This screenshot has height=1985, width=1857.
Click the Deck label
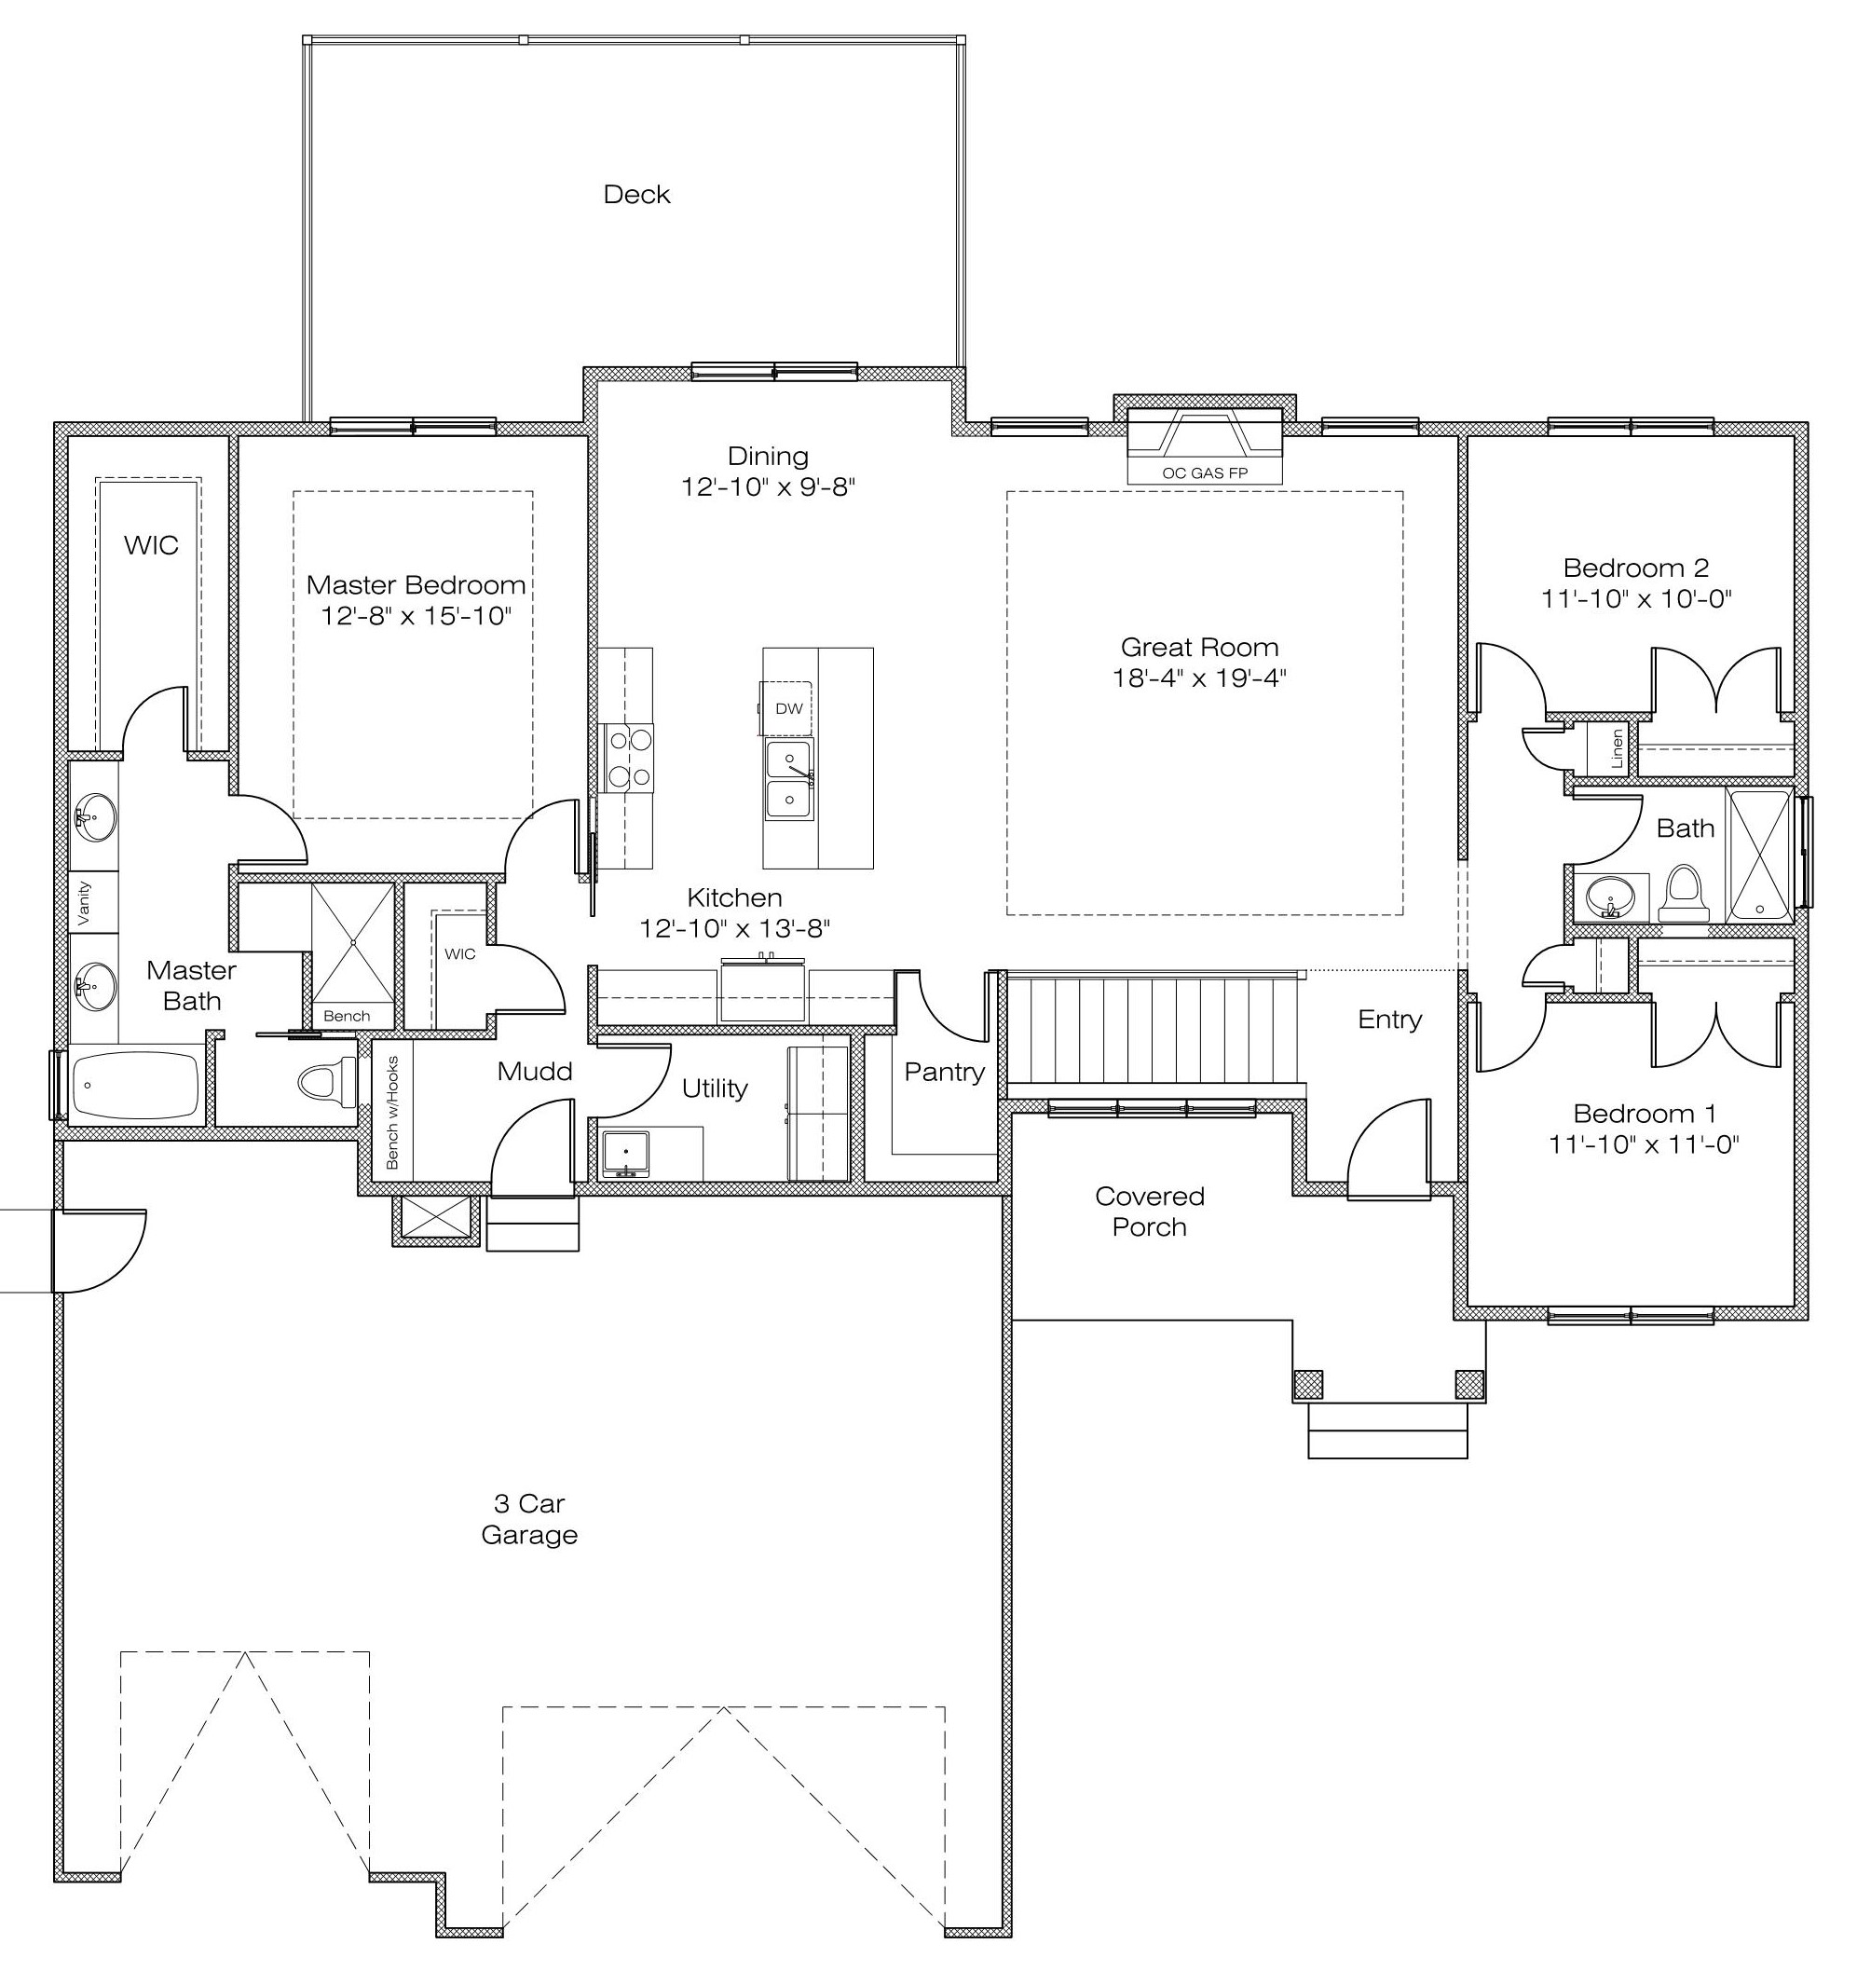click(x=636, y=194)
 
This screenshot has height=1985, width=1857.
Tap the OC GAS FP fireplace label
click(x=1204, y=473)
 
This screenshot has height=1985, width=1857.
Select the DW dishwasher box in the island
click(x=787, y=709)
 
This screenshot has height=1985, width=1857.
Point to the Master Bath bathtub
click(x=137, y=1086)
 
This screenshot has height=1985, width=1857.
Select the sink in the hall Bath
click(x=1610, y=897)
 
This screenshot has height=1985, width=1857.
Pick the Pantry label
click(x=944, y=1072)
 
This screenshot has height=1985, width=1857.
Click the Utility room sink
click(x=625, y=1154)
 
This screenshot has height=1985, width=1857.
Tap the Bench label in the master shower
click(x=347, y=1017)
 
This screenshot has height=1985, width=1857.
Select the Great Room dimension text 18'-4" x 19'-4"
click(x=1199, y=678)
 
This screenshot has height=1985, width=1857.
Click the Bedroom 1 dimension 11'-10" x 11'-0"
click(x=1644, y=1144)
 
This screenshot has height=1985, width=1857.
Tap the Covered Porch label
click(x=1149, y=1212)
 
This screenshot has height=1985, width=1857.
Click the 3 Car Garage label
click(x=529, y=1519)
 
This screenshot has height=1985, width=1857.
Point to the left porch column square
click(x=1308, y=1384)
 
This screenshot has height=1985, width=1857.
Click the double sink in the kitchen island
click(x=788, y=779)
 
